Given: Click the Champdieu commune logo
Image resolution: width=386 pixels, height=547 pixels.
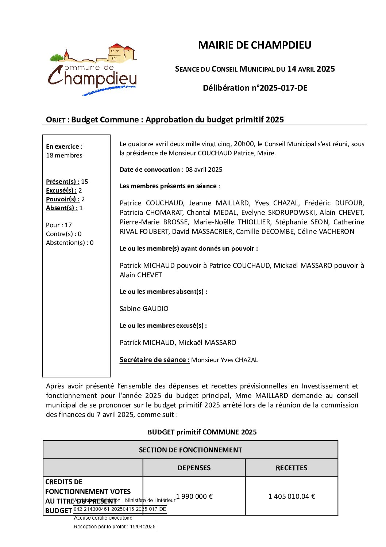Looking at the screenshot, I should [93, 70].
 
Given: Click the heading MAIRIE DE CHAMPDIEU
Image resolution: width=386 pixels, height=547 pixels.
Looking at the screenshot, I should [254, 45].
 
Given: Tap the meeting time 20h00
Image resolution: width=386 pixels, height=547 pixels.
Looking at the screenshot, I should [244, 144].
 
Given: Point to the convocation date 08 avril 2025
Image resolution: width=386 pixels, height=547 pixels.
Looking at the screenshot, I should [204, 170].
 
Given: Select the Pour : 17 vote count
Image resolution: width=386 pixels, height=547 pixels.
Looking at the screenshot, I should [59, 225].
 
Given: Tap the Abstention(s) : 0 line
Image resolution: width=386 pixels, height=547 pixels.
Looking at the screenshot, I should [70, 243].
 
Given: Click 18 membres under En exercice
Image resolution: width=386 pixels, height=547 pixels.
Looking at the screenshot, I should [64, 155].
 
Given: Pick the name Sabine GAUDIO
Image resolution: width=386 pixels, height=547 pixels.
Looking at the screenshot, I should [144, 309].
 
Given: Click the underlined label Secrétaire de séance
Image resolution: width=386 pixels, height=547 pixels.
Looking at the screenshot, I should [154, 360].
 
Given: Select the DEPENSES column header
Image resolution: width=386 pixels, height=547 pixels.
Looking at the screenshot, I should [194, 468].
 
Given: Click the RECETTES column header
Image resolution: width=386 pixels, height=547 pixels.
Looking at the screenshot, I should [291, 468].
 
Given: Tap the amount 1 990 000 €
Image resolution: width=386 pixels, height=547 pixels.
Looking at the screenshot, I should [194, 497].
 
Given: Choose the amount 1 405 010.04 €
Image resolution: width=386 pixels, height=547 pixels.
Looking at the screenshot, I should [292, 497].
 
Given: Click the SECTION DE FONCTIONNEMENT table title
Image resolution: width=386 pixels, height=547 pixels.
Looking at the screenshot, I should [190, 450].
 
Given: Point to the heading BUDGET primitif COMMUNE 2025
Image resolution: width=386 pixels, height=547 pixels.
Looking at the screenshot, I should [202, 432].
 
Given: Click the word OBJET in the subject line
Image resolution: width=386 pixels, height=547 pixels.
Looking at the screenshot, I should [55, 120].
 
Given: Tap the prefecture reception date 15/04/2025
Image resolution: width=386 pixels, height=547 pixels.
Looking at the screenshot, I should [143, 527].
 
